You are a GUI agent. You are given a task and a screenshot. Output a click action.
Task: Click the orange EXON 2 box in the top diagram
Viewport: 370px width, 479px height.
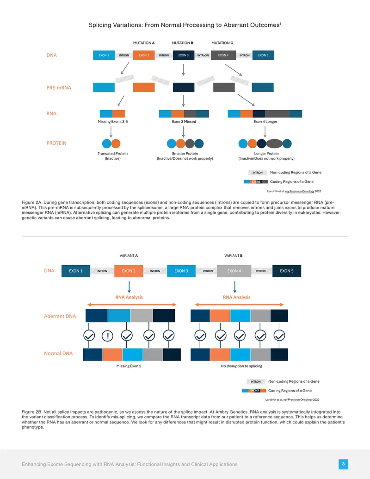(x=144, y=55)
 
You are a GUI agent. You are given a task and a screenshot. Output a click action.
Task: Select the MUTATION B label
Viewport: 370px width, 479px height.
(x=183, y=43)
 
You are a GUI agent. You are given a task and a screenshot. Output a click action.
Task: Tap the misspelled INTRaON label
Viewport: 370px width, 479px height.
(x=203, y=55)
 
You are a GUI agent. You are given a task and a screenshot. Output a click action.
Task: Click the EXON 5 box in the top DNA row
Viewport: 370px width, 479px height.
(x=263, y=55)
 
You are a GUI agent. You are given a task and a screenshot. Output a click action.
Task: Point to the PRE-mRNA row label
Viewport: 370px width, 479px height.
(x=59, y=87)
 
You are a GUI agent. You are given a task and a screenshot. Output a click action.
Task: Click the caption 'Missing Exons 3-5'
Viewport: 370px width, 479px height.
(x=113, y=122)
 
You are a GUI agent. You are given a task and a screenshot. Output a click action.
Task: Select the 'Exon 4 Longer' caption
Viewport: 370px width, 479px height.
(x=265, y=122)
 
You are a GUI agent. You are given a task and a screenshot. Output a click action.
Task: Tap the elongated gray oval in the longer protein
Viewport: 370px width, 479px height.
(x=274, y=143)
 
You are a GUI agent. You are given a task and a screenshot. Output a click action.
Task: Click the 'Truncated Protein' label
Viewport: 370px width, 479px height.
(x=113, y=153)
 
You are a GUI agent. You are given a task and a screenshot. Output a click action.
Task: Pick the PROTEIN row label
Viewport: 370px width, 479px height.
(x=56, y=143)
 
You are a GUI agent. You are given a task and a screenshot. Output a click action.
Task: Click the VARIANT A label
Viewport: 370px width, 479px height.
(x=129, y=255)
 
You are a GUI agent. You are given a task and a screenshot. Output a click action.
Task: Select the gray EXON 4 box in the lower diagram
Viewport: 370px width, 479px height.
(x=234, y=271)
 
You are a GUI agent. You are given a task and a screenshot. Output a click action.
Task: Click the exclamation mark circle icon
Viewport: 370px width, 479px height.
(x=107, y=336)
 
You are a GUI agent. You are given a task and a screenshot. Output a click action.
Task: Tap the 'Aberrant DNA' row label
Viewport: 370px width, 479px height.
(x=60, y=316)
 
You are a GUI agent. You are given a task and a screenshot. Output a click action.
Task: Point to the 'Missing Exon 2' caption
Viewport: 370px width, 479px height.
(x=129, y=366)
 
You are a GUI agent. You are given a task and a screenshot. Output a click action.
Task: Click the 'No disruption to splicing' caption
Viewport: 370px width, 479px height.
(x=241, y=366)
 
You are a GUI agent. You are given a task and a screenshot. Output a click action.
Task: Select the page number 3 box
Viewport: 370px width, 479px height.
(x=343, y=464)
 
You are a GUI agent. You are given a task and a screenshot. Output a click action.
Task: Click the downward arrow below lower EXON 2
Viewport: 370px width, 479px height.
(x=129, y=287)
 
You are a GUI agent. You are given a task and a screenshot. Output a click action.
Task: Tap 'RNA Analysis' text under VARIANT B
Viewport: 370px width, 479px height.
(x=237, y=297)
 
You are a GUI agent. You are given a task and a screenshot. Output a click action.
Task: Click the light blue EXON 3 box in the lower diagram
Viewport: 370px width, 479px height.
(x=181, y=271)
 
